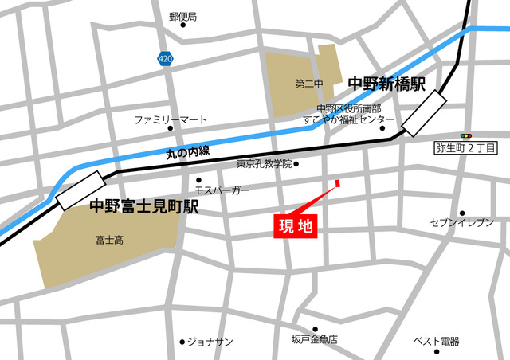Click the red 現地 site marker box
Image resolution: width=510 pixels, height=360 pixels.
click(295, 225)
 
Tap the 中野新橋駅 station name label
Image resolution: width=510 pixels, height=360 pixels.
click(386, 82)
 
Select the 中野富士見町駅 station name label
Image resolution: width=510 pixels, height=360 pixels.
click(143, 207)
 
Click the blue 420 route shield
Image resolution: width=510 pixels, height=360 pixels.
click(164, 58)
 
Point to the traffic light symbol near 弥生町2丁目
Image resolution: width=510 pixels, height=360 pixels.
click(466, 136)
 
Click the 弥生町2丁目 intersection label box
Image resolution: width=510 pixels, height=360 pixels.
click(466, 148)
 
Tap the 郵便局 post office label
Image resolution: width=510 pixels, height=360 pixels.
click(183, 17)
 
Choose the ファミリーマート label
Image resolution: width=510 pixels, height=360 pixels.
click(170, 119)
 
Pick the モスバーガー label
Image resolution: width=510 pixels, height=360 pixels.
click(222, 191)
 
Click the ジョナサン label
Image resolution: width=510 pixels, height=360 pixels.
click(210, 342)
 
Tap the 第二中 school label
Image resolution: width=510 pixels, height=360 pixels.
click(307, 84)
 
